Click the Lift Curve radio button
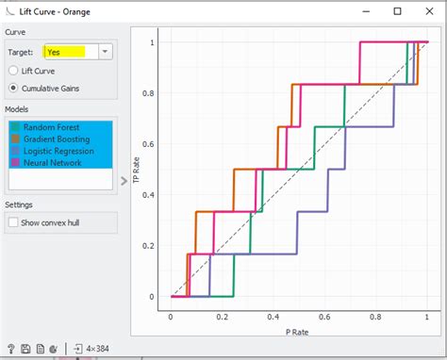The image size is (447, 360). click(x=13, y=71)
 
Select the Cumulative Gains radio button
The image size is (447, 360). click(x=13, y=89)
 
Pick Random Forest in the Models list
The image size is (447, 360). click(x=52, y=127)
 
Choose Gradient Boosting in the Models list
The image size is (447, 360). click(x=56, y=139)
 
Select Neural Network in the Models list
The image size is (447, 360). click(x=53, y=163)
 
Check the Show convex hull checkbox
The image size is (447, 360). click(x=12, y=222)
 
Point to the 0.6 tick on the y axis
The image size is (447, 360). click(x=146, y=144)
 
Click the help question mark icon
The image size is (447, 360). click(x=10, y=349)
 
